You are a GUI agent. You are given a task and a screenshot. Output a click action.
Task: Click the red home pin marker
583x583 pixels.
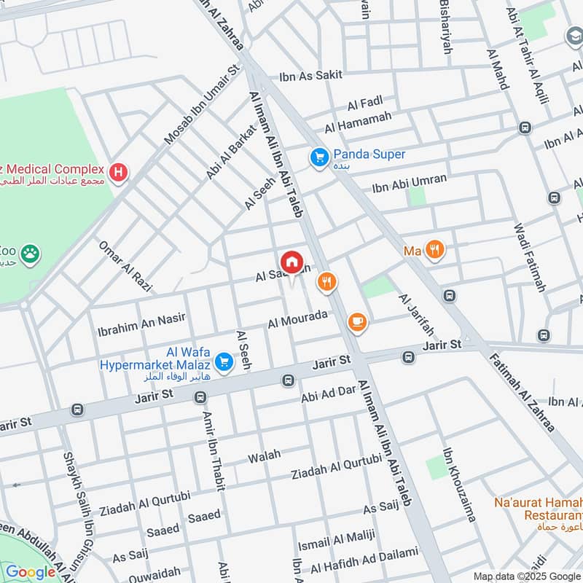point(291,262)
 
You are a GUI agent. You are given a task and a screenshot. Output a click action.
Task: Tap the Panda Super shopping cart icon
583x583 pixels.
point(319,157)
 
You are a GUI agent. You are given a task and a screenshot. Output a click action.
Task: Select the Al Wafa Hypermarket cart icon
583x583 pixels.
point(224,361)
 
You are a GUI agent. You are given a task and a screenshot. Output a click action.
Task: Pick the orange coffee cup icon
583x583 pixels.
point(356,321)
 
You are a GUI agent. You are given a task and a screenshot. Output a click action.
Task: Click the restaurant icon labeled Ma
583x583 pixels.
point(435,251)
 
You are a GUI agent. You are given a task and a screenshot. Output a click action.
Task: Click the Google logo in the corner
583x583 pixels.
point(31,572)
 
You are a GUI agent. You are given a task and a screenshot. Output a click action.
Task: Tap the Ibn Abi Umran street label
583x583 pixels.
point(409,183)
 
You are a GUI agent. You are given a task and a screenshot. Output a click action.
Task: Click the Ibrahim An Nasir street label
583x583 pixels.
point(141,324)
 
